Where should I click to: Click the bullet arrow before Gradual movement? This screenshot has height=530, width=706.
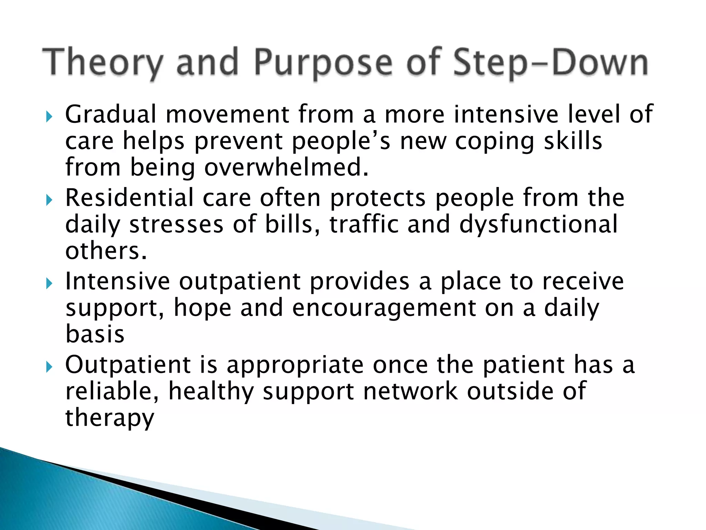49,117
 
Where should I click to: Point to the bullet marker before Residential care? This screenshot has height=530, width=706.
49,200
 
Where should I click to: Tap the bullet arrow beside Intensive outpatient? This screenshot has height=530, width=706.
49,284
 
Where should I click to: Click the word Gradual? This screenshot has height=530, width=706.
111,114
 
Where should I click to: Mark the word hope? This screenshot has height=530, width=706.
202,308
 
